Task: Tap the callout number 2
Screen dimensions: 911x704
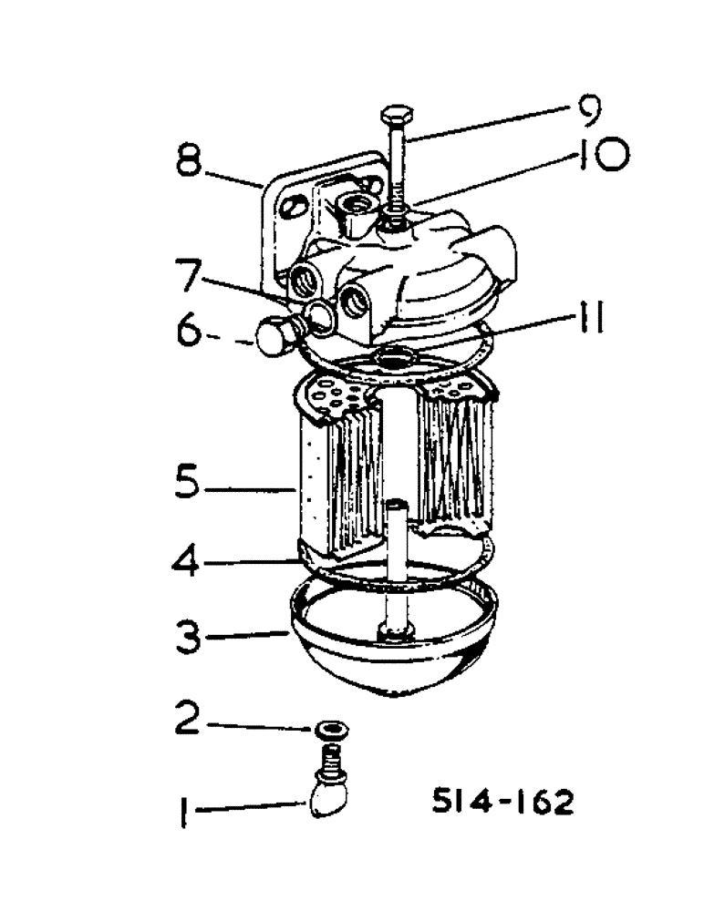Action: (x=189, y=721)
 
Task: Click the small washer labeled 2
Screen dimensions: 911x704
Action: (x=331, y=729)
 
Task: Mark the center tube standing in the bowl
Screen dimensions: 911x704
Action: (x=399, y=565)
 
